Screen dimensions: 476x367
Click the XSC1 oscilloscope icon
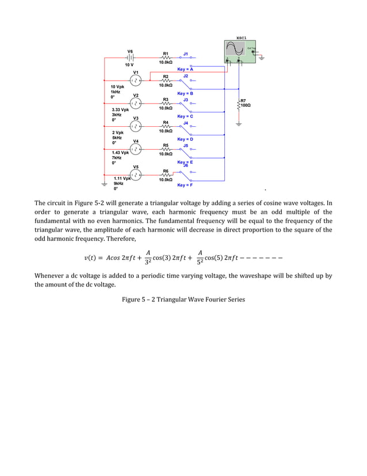pyautogui.click(x=240, y=50)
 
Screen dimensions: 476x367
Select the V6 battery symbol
pyautogui.click(x=131, y=58)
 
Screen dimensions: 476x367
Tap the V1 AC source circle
pyautogui.click(x=135, y=80)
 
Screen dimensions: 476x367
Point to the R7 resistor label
pyautogui.click(x=243, y=100)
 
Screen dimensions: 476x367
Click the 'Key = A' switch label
pyautogui.click(x=185, y=69)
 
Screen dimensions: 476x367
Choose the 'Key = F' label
pyautogui.click(x=185, y=185)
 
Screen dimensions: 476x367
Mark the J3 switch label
pyautogui.click(x=185, y=99)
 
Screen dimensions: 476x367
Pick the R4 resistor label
pyautogui.click(x=166, y=122)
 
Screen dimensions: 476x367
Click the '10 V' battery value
pyautogui.click(x=131, y=65)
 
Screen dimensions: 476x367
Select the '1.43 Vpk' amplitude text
pyautogui.click(x=120, y=153)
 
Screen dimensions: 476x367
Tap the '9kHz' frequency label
pyautogui.click(x=118, y=183)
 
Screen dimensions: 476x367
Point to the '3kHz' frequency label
pyautogui.click(x=117, y=114)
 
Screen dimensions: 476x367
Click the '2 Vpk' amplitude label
pyautogui.click(x=118, y=133)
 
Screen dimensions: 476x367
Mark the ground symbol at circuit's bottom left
pyautogui.click(x=104, y=184)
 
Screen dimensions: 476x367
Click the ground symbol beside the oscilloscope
pyautogui.click(x=262, y=58)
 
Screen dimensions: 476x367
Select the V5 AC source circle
pyautogui.click(x=135, y=173)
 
